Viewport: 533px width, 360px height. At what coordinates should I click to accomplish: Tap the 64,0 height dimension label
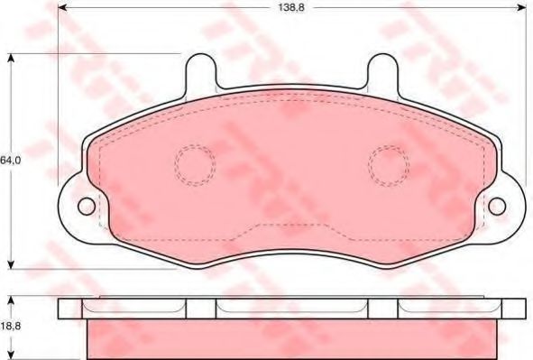(x=9, y=160)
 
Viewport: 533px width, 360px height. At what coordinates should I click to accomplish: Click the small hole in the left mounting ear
(x=86, y=206)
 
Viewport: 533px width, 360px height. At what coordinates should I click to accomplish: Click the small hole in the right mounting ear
(x=497, y=206)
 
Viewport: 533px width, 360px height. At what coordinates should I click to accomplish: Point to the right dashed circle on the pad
(x=388, y=164)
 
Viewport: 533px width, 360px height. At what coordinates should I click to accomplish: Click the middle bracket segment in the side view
(x=292, y=308)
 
